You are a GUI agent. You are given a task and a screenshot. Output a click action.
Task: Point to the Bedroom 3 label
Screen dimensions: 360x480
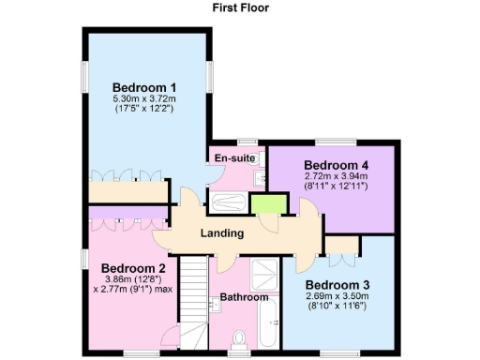point(338,285)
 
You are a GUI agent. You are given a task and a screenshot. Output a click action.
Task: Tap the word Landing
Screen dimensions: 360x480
point(222,233)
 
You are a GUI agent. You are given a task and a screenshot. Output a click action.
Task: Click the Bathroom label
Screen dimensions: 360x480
point(244,298)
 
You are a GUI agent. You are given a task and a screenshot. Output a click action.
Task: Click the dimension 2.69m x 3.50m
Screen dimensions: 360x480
point(338,296)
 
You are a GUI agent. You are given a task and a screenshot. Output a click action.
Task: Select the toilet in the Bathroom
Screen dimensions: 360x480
point(239,337)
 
